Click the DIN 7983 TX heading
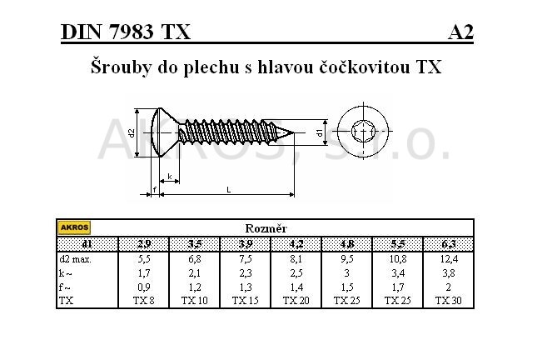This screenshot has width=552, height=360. (126, 32)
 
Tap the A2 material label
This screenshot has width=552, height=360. (460, 32)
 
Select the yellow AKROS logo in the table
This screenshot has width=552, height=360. (74, 227)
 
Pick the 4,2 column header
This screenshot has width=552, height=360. (296, 244)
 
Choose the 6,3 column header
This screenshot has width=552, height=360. (449, 244)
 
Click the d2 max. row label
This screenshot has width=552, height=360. (75, 259)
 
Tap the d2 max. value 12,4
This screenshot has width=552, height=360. (449, 259)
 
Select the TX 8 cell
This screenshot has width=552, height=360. (144, 301)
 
